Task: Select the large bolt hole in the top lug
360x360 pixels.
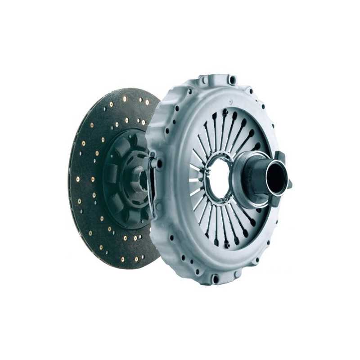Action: tap(232, 81)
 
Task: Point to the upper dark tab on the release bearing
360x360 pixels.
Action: tap(279, 157)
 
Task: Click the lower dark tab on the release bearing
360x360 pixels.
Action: tap(288, 184)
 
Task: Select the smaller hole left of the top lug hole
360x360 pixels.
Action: tap(205, 81)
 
